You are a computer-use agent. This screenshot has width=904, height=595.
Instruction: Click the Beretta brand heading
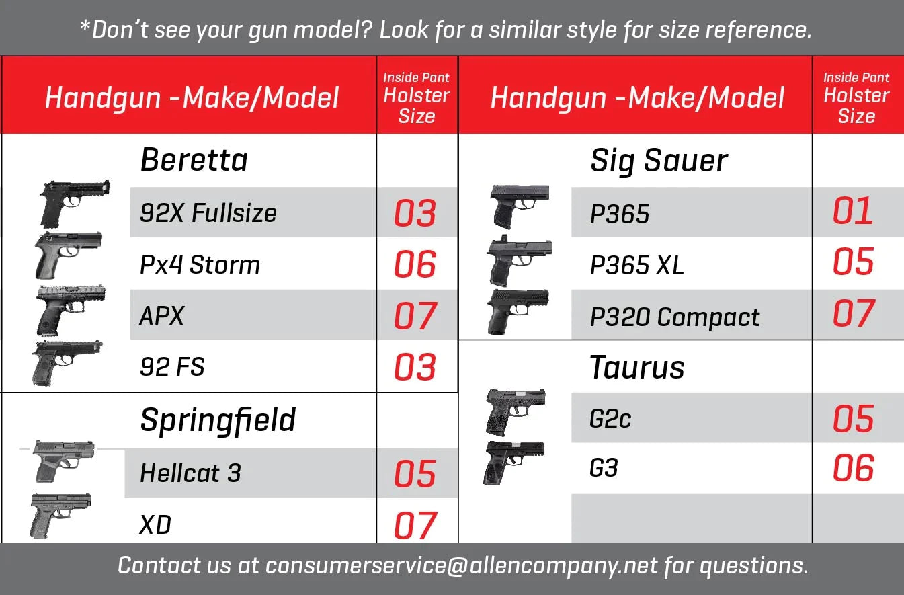(x=194, y=160)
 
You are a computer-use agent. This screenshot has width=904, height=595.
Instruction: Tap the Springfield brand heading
(x=218, y=421)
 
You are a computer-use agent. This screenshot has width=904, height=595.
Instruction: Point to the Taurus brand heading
(x=637, y=367)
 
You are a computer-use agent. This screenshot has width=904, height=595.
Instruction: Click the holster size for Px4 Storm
(x=415, y=264)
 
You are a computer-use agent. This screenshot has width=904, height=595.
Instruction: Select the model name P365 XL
(x=637, y=265)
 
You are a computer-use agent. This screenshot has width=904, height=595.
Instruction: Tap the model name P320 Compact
(x=674, y=317)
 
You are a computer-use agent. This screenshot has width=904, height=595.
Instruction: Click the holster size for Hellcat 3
(x=415, y=473)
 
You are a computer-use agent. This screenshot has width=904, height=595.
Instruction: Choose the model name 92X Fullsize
(x=208, y=212)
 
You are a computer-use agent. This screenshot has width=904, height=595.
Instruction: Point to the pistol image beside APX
(x=71, y=310)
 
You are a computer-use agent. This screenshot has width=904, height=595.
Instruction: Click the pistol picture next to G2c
(x=516, y=413)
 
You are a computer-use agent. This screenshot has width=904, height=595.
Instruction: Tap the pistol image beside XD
(x=61, y=515)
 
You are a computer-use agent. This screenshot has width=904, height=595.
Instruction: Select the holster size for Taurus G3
(x=853, y=468)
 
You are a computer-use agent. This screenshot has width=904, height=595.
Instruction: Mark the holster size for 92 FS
(x=415, y=367)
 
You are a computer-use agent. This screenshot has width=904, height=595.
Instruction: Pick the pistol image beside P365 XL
(x=519, y=261)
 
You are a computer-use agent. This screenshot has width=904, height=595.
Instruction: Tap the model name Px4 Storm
(x=200, y=265)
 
